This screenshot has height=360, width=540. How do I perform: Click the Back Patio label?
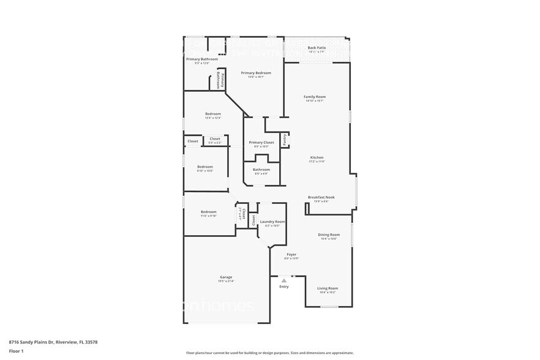[317, 48]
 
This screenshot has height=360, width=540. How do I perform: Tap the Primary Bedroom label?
[256, 73]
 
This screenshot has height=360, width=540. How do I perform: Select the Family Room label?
[315, 97]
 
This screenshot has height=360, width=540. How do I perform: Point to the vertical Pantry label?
[285, 140]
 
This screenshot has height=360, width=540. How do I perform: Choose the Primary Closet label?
[261, 143]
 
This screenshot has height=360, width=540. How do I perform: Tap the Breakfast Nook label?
[321, 197]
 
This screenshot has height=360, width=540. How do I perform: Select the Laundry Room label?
[272, 222]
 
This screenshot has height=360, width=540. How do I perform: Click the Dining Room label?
[328, 234]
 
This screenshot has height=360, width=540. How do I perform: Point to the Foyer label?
[292, 254]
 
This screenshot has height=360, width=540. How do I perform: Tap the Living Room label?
[327, 288]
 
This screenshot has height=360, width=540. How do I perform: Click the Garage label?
[226, 277]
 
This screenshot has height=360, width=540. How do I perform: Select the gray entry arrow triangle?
[284, 280]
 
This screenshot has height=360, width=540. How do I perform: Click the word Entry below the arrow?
[284, 287]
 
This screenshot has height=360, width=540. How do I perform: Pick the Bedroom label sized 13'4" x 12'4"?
[212, 114]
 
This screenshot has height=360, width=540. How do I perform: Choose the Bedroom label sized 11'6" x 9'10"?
[209, 212]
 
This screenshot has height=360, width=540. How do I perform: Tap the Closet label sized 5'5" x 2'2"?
[215, 139]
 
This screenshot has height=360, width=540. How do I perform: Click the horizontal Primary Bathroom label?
[202, 59]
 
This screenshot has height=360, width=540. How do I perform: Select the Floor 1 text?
[17, 351]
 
